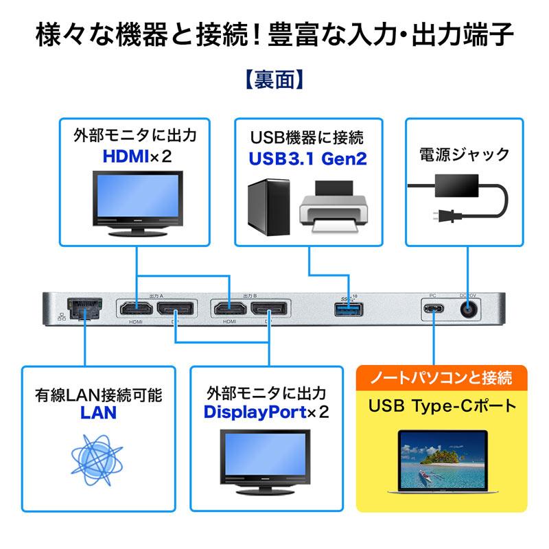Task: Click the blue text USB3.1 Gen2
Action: click(x=307, y=159)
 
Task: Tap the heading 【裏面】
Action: click(x=274, y=80)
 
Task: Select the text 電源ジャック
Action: click(x=464, y=154)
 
